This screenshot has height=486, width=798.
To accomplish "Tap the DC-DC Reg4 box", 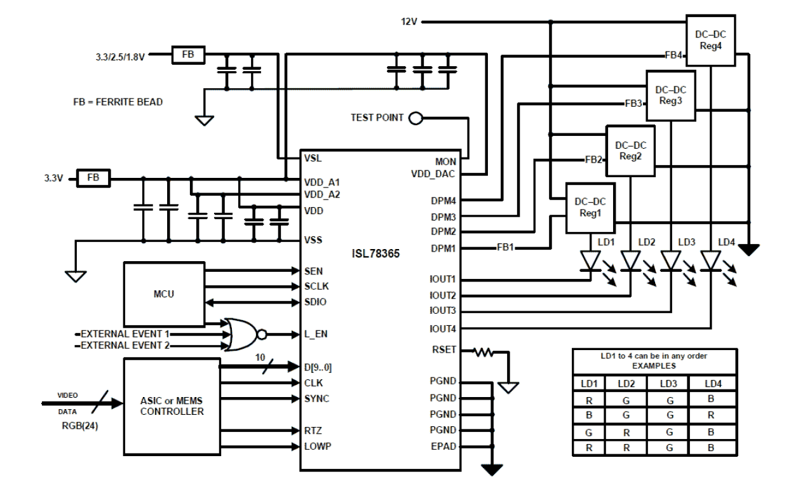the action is coord(710,39).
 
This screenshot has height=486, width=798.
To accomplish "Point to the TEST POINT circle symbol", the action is coord(416,118).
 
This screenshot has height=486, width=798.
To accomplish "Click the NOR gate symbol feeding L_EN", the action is coord(243,333).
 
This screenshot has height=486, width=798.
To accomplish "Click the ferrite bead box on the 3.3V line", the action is coord(93,178).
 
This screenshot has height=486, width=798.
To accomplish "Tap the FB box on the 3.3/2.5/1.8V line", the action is coord(188,55).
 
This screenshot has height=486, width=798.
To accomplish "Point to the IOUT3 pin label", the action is coord(443,311).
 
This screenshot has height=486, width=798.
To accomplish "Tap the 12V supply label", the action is coord(409,22).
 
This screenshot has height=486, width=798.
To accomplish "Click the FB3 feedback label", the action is coord(633,102).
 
